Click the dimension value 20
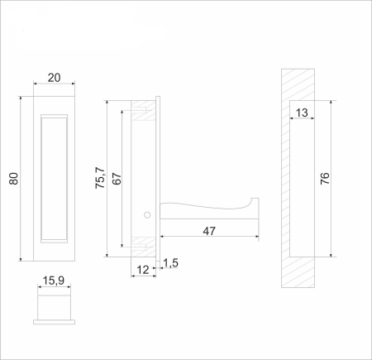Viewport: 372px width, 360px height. pos(54,77)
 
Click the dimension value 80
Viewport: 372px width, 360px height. pos(13,178)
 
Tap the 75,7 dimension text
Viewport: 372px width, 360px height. pos(100,179)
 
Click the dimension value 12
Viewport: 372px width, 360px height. pos(143,269)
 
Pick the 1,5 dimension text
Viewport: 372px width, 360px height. pos(171,263)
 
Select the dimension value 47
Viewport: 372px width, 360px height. pos(209,231)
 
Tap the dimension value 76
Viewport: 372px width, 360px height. pos(324,178)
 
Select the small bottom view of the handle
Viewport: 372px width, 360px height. pos(54,306)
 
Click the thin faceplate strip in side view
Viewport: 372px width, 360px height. pos(159,178)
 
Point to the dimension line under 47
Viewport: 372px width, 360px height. pos(209,239)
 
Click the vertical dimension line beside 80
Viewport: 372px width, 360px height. pos(21,178)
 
